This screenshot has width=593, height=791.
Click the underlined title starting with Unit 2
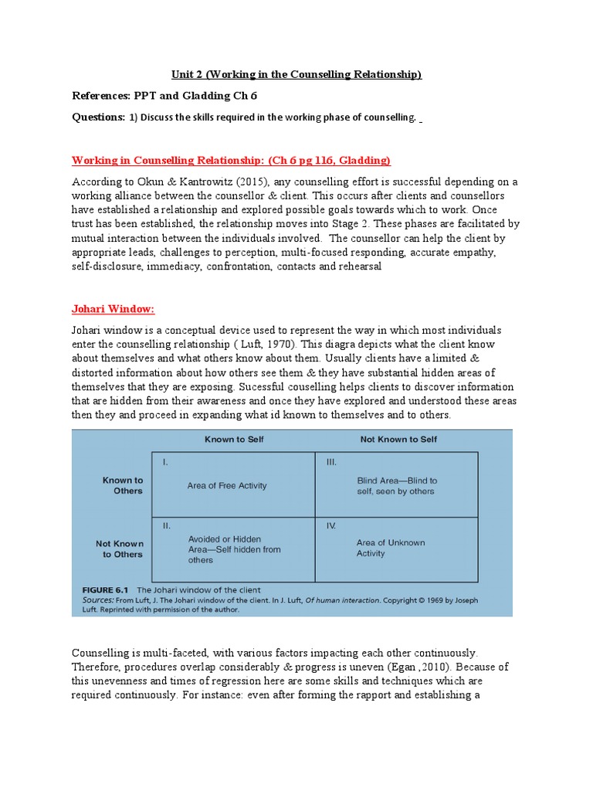point(296,74)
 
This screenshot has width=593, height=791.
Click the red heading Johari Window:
point(114,309)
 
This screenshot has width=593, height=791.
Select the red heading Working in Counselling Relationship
point(231,160)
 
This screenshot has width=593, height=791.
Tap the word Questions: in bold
point(98,117)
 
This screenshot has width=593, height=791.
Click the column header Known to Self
point(234,439)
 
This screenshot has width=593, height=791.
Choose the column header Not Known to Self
point(398,439)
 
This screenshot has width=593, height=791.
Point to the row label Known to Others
point(123,485)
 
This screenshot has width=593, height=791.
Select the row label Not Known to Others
point(119,548)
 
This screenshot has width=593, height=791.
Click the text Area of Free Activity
point(227,486)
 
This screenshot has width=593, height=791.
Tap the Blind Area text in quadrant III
point(396,485)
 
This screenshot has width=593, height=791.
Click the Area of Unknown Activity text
point(390,548)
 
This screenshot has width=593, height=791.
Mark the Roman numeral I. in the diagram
point(165,462)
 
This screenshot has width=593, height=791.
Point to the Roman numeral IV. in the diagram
point(330,525)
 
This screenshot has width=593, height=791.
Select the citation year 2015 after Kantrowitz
point(246,182)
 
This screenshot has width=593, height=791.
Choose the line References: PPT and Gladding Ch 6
point(164,96)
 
